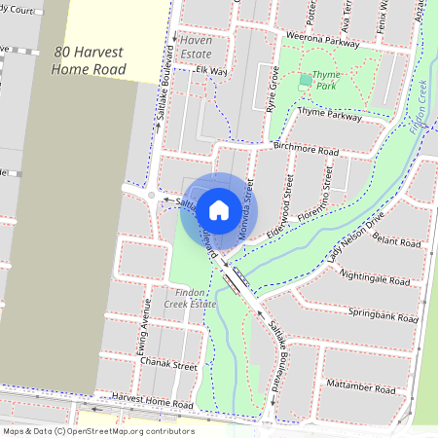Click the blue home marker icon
pos(219,209)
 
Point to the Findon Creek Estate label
pos(189,298)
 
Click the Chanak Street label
pos(168,366)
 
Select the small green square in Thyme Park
pos(305,79)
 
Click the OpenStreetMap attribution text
pos(98,431)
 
